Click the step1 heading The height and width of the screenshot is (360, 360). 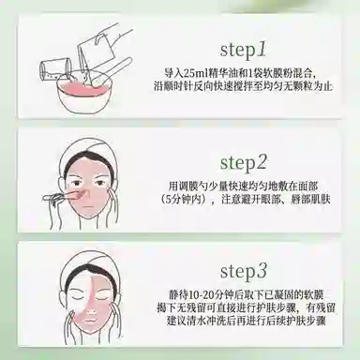tap(243, 51)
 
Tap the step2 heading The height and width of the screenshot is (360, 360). tap(244, 162)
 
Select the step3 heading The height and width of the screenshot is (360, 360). tap(244, 271)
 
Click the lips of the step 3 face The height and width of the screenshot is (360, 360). tap(91, 321)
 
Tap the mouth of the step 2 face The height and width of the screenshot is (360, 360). tap(89, 207)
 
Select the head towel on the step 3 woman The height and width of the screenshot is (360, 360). tap(87, 265)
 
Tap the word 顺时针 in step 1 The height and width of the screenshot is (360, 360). tap(178, 87)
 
